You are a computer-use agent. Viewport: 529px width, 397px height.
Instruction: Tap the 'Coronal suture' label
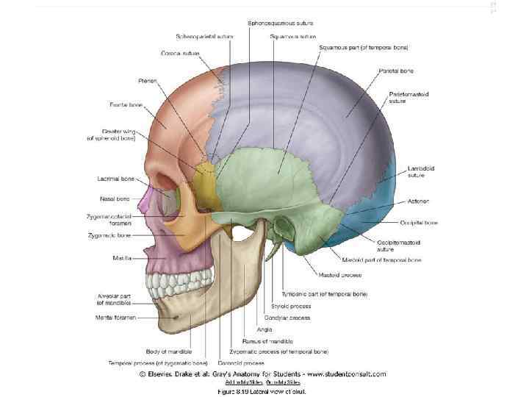(x=180, y=53)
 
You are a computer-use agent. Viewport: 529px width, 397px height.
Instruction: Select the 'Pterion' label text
(x=146, y=80)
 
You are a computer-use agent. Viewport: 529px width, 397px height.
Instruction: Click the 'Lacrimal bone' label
(x=114, y=178)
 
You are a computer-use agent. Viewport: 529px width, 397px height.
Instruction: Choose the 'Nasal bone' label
(x=115, y=198)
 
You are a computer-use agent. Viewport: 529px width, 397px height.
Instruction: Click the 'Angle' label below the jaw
(x=264, y=329)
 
